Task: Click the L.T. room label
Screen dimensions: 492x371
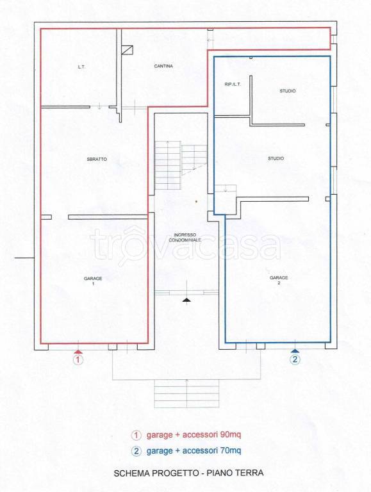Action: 81,67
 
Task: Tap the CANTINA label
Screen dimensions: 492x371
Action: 164,67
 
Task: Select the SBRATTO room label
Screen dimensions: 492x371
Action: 97,159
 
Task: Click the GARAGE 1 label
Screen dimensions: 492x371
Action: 93,281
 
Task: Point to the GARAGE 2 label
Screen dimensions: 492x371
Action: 279,280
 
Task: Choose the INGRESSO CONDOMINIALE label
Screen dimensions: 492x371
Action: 186,237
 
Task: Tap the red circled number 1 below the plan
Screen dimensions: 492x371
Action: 78,360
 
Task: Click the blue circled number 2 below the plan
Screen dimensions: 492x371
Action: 295,360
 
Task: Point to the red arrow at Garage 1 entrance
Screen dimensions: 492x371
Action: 78,351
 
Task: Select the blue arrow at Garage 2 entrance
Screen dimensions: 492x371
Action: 295,351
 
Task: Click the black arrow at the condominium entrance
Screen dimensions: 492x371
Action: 186,299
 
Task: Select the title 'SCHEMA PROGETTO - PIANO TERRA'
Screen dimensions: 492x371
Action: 188,473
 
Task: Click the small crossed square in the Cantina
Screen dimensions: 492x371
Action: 128,50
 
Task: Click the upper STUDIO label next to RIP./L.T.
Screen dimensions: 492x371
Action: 288,91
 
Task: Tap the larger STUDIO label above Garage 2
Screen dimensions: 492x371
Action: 276,158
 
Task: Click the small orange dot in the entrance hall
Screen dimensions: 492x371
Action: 196,202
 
